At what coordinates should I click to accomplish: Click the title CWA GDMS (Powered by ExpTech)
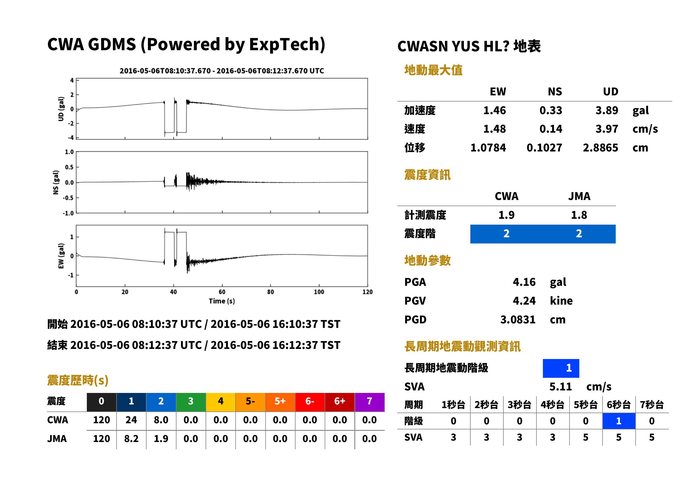click(186, 44)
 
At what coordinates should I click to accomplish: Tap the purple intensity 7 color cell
click(369, 402)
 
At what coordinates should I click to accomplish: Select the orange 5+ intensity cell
click(280, 402)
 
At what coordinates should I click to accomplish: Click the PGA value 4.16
click(524, 282)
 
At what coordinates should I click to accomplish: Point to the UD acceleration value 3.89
click(607, 110)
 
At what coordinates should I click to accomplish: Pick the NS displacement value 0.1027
click(544, 148)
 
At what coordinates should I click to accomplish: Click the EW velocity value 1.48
click(494, 129)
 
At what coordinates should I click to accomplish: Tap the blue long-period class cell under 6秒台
click(619, 421)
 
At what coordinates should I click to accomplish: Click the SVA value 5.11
click(561, 387)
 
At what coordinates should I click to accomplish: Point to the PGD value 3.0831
click(518, 319)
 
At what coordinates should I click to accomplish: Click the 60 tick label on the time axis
click(222, 292)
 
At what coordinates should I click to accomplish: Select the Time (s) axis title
click(222, 301)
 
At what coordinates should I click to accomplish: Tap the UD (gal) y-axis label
click(61, 109)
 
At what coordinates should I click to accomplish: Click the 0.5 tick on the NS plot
click(69, 167)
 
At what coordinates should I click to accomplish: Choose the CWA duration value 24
click(131, 420)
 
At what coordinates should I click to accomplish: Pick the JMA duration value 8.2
click(131, 439)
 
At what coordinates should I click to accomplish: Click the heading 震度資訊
click(427, 175)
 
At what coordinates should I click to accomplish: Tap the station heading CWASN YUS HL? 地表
click(469, 47)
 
